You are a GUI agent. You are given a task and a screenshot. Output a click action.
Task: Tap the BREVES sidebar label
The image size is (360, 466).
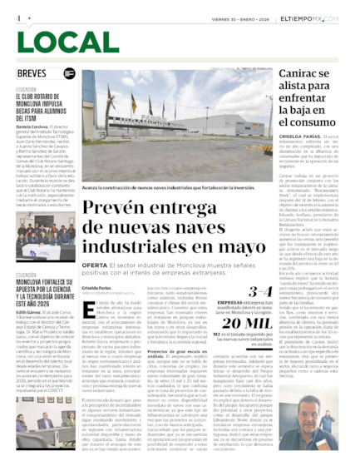[x=32, y=73]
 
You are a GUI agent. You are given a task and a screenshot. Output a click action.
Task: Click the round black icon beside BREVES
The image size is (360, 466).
[x=70, y=73]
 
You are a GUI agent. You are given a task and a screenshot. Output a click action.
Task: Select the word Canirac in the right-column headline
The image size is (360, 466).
[x=302, y=74]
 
